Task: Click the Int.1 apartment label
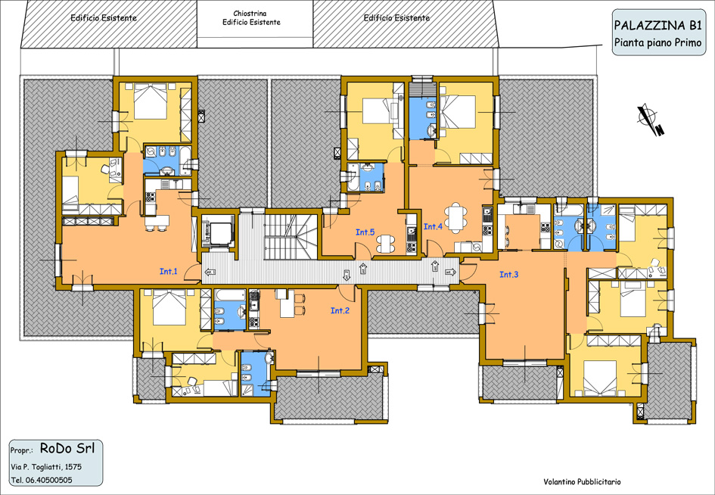tap(168, 272)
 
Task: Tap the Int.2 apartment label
tap(340, 310)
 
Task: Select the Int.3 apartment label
tap(509, 275)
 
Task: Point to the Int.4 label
tap(434, 226)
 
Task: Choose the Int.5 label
tap(365, 232)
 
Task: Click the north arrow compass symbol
tap(650, 120)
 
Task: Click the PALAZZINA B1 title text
tap(657, 25)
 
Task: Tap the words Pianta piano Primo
tap(657, 42)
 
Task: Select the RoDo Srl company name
tap(67, 449)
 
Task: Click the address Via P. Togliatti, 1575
tap(46, 467)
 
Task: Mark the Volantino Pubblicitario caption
tap(582, 482)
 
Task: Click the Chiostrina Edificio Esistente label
tap(251, 18)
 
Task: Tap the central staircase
tap(291, 237)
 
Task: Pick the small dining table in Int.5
tap(386, 243)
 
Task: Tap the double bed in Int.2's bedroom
tap(169, 308)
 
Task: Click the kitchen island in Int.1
tap(157, 222)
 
